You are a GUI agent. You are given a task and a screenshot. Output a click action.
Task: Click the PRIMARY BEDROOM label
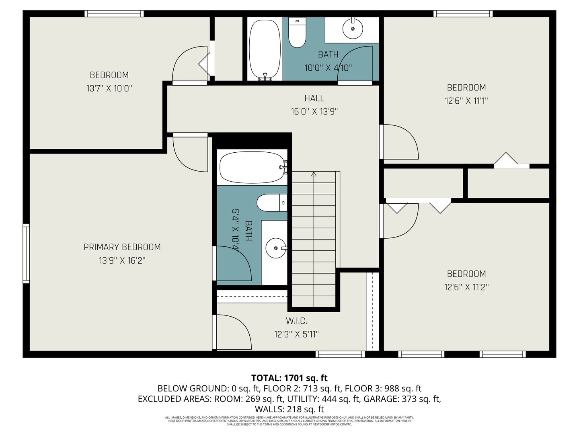coord(122,247)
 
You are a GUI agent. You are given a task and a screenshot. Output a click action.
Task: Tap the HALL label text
coord(314,98)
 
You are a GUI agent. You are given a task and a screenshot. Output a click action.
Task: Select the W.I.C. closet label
coord(296,321)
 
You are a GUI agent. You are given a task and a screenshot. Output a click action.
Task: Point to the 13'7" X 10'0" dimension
coord(109,88)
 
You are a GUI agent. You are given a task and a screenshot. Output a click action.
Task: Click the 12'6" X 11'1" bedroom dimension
coord(466,100)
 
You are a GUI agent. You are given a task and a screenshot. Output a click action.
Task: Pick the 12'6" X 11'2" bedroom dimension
coord(466,287)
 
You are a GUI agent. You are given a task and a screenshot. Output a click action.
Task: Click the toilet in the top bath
coord(297,33)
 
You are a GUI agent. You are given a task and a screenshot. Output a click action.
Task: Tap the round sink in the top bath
coord(352,28)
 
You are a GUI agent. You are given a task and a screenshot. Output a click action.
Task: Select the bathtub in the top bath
coord(265,49)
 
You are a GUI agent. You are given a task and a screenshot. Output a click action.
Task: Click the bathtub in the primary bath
coord(252,167)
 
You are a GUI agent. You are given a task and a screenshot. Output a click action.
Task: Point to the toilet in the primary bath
coord(272,203)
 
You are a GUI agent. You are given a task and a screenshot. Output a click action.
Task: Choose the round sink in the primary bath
coord(276,248)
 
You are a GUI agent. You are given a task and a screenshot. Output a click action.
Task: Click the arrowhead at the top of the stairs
coord(314,174)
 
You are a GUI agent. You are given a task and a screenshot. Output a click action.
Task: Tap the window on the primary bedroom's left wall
coord(26,254)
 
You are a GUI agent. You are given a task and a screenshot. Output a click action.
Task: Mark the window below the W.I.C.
coord(340,354)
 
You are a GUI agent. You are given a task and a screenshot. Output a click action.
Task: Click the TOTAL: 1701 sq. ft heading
coord(289,378)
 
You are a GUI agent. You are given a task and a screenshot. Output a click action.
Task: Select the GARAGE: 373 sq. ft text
coord(402,399)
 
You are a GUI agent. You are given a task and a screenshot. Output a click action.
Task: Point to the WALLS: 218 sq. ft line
coord(289,409)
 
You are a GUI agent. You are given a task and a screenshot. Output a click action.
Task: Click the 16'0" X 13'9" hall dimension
coord(314,112)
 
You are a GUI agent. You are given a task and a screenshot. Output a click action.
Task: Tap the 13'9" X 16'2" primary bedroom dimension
coord(122,261)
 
